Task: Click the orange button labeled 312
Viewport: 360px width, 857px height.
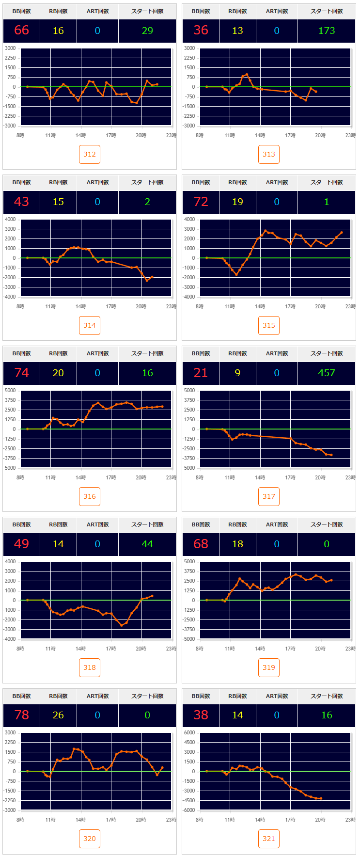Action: [90, 154]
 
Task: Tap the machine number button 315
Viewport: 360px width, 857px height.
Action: [269, 325]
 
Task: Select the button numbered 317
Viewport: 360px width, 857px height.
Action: [269, 496]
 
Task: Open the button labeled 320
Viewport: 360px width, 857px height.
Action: [90, 839]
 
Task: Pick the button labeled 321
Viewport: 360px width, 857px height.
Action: [269, 839]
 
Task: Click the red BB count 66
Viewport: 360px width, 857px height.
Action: [21, 31]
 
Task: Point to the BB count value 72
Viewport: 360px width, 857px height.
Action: [201, 202]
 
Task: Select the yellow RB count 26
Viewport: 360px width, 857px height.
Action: [58, 715]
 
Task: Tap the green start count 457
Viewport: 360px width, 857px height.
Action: [327, 373]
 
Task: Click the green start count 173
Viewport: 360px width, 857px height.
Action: [327, 31]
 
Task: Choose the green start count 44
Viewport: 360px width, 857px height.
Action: [147, 544]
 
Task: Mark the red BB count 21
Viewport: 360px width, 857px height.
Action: [201, 373]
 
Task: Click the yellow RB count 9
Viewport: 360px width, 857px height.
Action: [237, 373]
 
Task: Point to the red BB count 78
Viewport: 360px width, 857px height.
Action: [21, 715]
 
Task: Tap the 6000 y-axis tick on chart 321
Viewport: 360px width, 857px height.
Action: [189, 732]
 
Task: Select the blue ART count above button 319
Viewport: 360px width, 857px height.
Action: [277, 544]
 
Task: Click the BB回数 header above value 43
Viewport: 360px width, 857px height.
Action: [21, 182]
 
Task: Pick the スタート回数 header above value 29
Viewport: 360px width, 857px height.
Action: [147, 11]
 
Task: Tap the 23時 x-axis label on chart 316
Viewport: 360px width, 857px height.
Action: [171, 477]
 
